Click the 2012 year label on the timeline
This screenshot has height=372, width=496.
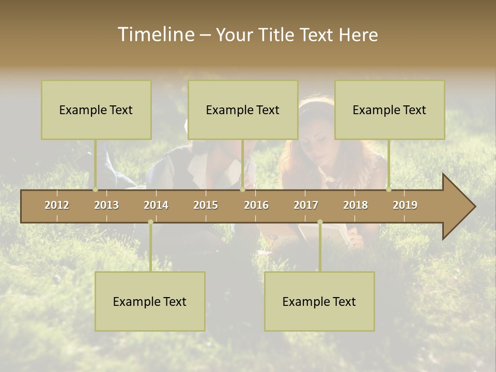pos(57,205)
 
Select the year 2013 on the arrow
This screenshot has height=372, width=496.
pos(106,205)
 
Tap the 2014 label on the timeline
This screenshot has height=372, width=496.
pos(156,205)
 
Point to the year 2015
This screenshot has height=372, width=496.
pos(206,205)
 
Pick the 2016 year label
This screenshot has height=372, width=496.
pos(256,205)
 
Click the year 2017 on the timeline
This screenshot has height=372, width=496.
pos(306,205)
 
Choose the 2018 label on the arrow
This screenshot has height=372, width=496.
pos(355,205)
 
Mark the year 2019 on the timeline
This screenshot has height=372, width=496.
pos(405,205)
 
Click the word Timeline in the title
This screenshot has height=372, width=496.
pos(155,35)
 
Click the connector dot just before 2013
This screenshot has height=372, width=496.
pos(96,190)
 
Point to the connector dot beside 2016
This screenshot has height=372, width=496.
pos(242,190)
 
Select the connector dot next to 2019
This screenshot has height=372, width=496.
pos(389,190)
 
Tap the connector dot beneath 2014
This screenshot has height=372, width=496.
pos(150,222)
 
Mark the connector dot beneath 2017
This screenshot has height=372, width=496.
pos(320,222)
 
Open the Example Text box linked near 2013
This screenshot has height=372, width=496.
pos(96,110)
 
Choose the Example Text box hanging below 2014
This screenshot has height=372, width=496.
pos(150,301)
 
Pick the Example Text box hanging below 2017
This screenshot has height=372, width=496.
pos(319,301)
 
